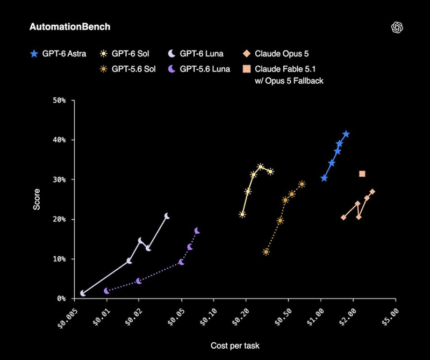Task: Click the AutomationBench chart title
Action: (x=70, y=27)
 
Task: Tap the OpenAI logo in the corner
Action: (x=397, y=27)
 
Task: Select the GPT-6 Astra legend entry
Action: (x=58, y=54)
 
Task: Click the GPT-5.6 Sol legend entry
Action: (x=128, y=69)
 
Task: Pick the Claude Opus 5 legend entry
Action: (x=276, y=54)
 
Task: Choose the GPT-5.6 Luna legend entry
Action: (x=199, y=69)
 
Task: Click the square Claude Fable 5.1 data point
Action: (x=362, y=174)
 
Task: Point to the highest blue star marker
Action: (x=346, y=134)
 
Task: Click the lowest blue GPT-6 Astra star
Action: (x=324, y=178)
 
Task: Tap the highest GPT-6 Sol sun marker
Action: (x=261, y=167)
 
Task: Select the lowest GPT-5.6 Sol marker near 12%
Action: (x=266, y=251)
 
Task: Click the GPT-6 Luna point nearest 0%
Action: (x=83, y=293)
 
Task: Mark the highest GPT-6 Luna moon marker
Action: (x=167, y=217)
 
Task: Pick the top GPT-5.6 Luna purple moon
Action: (x=197, y=231)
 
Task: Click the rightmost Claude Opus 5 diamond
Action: (x=372, y=192)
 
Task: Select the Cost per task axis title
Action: (x=235, y=345)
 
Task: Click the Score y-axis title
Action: (x=37, y=199)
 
